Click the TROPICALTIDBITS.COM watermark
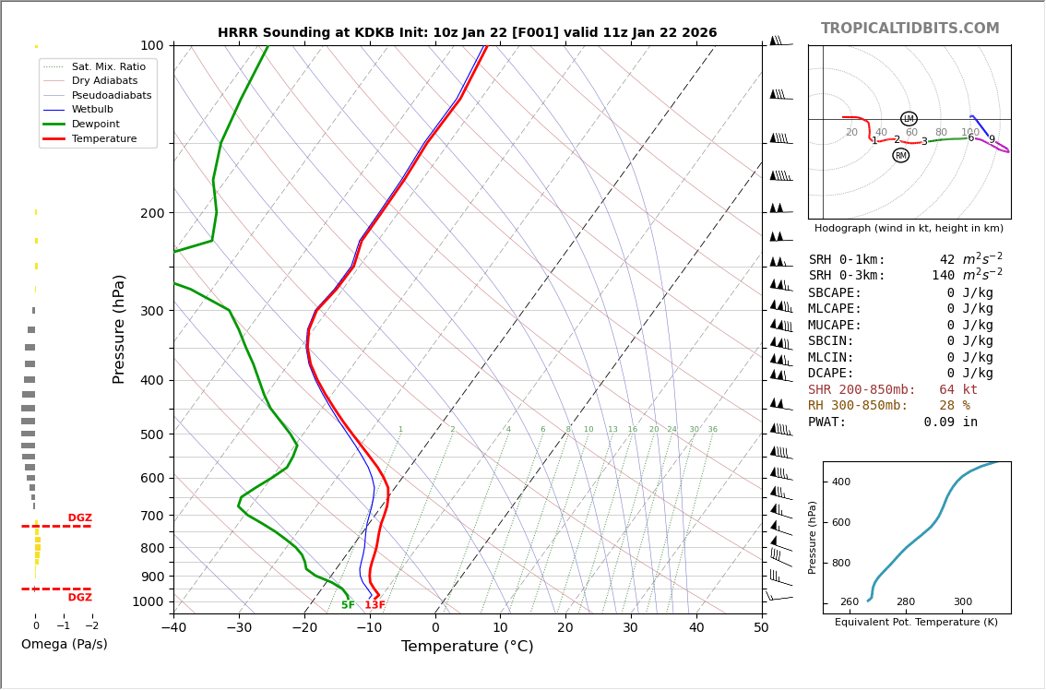909,29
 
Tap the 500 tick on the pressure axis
151,434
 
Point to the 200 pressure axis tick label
151,213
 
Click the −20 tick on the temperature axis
304,628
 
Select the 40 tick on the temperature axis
696,628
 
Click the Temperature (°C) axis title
467,647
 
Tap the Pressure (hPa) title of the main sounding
120,328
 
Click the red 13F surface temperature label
374,605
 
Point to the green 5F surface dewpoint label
348,605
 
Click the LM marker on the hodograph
909,119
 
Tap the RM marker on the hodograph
900,156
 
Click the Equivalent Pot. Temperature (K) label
916,623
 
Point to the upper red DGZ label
79,518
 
